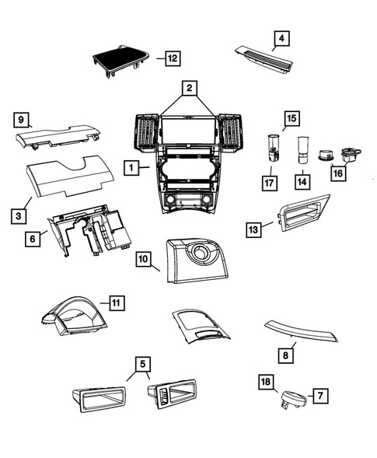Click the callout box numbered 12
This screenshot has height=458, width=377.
[x=173, y=58]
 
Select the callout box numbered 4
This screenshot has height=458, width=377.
[x=281, y=38]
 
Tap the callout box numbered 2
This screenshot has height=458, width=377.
[x=190, y=88]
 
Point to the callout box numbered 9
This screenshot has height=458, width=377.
[x=21, y=120]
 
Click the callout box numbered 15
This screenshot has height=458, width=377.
[x=291, y=118]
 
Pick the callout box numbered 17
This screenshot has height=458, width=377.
[x=269, y=183]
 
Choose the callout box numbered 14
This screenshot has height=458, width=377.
[x=302, y=182]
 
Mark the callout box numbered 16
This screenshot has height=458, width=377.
[x=338, y=173]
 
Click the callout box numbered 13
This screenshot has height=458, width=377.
[x=253, y=229]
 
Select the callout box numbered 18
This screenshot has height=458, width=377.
[x=266, y=382]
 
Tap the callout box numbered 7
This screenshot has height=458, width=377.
[x=320, y=396]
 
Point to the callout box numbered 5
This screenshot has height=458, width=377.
[x=142, y=364]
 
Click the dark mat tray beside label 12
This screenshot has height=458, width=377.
[x=120, y=61]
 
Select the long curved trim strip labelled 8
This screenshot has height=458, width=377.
[x=301, y=330]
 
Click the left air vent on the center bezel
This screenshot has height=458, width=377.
[x=146, y=133]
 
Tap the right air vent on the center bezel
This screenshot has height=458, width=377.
[x=230, y=133]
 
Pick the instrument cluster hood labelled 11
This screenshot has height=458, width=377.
[x=74, y=316]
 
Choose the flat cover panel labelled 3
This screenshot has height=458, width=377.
[x=70, y=176]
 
